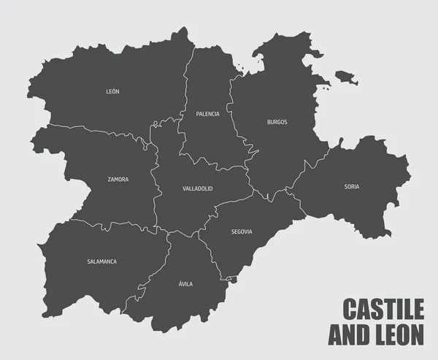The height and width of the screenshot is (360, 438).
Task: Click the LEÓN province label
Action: coord(112,91)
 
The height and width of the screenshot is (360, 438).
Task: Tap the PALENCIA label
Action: coord(207,114)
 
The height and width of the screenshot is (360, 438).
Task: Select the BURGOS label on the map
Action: coord(277,122)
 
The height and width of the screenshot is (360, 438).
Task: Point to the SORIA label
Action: coord(352,186)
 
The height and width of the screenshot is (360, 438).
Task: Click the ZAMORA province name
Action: coord(118,179)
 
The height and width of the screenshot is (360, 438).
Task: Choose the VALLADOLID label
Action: coord(197,188)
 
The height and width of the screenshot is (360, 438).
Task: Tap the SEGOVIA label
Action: coord(241,231)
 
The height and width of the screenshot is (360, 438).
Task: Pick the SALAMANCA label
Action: coord(101,261)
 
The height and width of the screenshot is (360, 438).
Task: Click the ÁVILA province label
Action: coord(185,283)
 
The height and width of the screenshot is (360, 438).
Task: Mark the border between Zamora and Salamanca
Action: coord(109,222)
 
